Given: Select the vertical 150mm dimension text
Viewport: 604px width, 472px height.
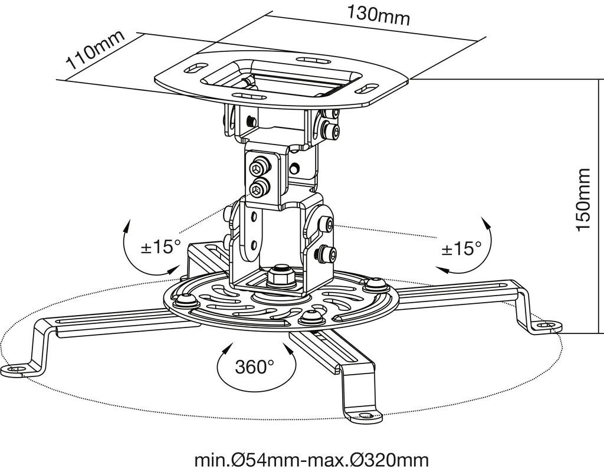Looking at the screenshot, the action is (583, 199).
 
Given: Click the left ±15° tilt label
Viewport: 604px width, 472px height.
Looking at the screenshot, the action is (161, 246).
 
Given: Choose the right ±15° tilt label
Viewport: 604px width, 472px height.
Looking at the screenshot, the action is (461, 248).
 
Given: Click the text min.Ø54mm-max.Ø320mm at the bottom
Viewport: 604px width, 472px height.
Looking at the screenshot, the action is (311, 460).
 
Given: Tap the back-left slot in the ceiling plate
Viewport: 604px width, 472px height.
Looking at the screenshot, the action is (196, 68).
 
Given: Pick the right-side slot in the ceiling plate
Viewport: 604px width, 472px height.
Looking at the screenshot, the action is (366, 88).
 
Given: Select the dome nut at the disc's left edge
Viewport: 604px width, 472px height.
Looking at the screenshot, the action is (187, 299).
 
